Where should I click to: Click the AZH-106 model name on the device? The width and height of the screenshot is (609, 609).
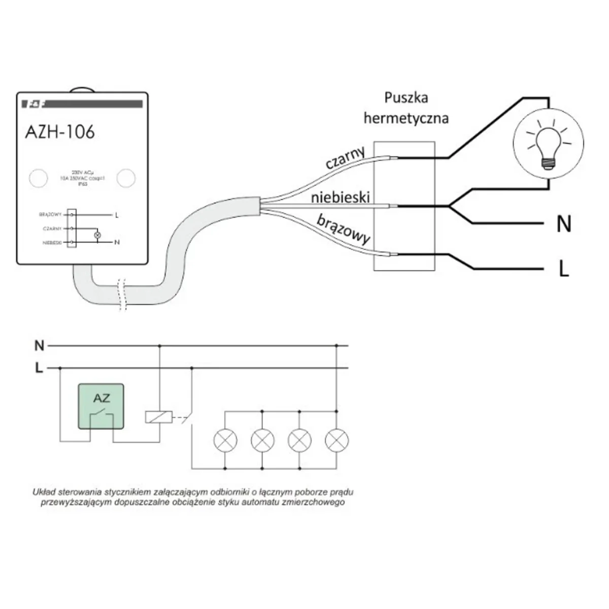pyautogui.click(x=59, y=132)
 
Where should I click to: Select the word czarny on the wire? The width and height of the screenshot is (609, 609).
pyautogui.click(x=346, y=158)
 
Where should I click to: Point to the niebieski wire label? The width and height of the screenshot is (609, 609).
pyautogui.click(x=341, y=197)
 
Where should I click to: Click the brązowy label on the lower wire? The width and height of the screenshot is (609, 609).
pyautogui.click(x=344, y=230)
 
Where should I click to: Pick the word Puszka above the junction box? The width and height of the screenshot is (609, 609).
pyautogui.click(x=406, y=97)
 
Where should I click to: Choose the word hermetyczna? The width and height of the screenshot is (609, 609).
pyautogui.click(x=406, y=119)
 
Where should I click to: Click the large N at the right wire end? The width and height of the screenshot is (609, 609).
pyautogui.click(x=564, y=224)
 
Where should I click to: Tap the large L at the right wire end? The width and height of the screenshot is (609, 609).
pyautogui.click(x=563, y=269)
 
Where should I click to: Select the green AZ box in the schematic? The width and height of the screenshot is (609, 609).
pyautogui.click(x=100, y=407)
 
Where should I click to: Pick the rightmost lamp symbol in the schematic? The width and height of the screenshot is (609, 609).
pyautogui.click(x=336, y=440)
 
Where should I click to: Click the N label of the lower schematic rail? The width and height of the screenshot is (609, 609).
pyautogui.click(x=39, y=346)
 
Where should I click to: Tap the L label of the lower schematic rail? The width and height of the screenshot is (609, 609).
pyautogui.click(x=39, y=368)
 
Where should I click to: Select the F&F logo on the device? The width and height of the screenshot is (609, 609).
pyautogui.click(x=34, y=105)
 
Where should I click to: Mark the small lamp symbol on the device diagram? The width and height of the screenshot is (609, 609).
pyautogui.click(x=98, y=235)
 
